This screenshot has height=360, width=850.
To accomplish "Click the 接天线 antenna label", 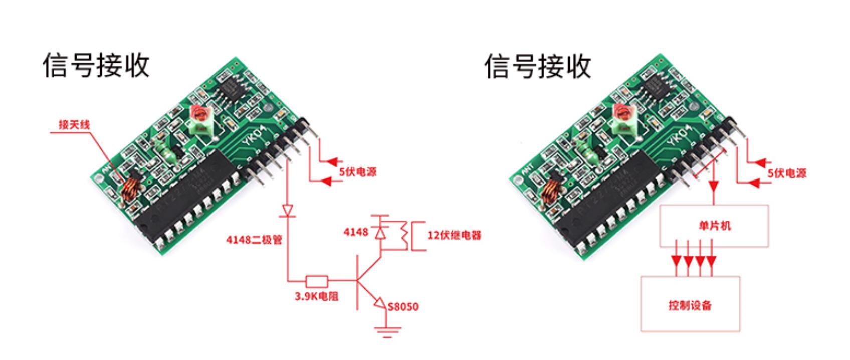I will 74,124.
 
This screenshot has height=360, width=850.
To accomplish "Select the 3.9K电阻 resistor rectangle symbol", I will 317,281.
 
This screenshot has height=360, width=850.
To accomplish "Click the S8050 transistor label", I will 403,306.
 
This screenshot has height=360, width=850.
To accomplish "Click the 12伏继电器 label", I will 454,235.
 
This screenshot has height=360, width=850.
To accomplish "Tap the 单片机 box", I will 714,226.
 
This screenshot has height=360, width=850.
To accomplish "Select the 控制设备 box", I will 690,304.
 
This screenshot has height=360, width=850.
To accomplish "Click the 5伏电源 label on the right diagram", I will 787,173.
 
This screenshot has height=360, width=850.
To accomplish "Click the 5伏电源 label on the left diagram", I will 357,172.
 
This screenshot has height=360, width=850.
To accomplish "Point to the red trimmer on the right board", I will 621,114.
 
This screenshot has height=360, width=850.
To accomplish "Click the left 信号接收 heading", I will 96,65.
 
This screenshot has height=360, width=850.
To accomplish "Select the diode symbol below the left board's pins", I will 288,210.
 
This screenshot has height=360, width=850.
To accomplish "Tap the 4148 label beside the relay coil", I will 356,232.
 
